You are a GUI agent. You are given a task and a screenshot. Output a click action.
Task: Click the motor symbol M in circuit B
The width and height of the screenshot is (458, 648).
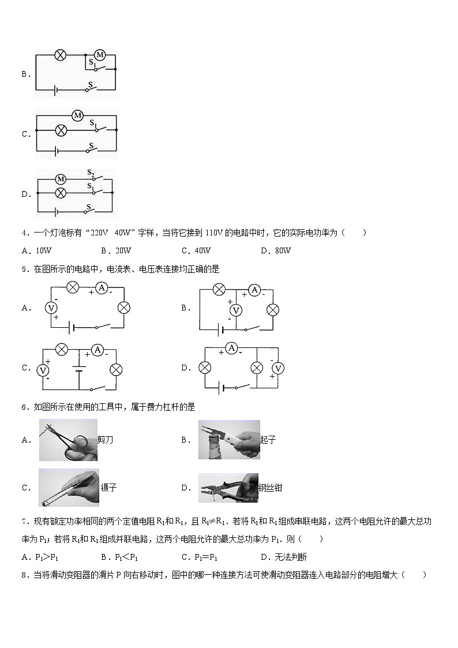coord(99,55)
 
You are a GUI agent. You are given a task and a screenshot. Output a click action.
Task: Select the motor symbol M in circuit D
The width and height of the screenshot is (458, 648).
coord(59,179)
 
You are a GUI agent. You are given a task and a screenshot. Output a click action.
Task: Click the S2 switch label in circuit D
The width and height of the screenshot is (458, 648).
coord(91,173)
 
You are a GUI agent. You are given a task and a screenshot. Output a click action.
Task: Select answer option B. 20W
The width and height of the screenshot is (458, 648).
coord(116,250)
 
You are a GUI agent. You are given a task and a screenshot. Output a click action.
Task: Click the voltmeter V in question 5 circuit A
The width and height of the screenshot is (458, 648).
coord(51,308)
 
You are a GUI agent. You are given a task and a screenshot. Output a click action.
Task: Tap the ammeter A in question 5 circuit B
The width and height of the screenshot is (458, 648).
coord(254,290)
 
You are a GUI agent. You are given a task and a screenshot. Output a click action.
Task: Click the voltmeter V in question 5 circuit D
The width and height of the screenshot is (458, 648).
coord(277,368)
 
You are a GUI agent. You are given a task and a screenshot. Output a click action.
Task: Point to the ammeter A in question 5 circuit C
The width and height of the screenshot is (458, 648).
coord(97,350)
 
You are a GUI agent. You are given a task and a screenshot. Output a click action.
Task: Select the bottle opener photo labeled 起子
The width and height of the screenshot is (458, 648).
coord(228,440)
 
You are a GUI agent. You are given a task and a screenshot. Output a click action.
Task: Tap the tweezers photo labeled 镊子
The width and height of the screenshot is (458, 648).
coord(69,488)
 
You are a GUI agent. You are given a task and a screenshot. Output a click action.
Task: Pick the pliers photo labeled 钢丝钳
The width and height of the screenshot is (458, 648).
coord(228,488)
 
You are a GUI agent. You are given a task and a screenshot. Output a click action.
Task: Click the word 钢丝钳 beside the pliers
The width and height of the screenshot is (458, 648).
coord(271,488)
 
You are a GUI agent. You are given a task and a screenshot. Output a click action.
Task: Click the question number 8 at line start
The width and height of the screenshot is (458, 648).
coord(24,575)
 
